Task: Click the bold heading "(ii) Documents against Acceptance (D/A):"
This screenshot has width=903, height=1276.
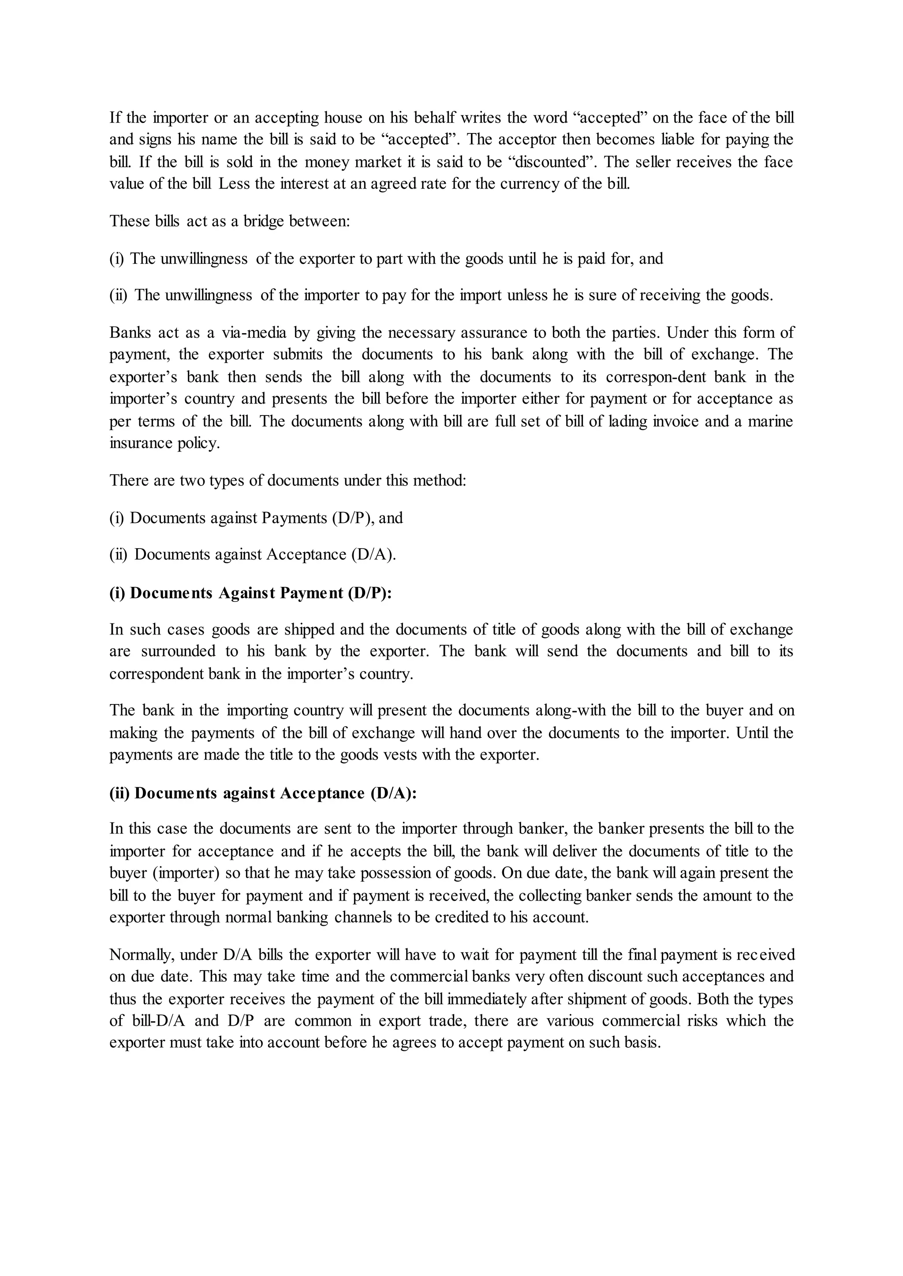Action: click(x=262, y=793)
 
